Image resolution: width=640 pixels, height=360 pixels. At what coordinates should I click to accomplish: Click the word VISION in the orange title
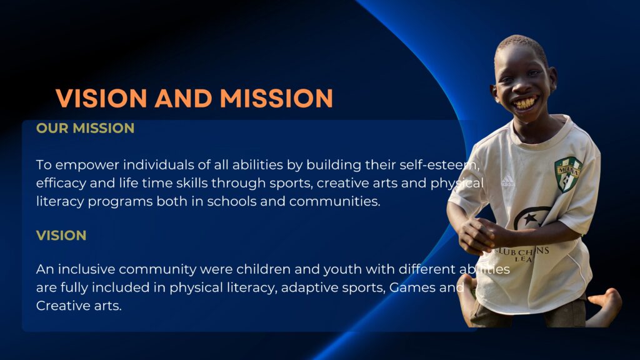101,98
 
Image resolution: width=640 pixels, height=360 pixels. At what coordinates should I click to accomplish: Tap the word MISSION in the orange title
277,98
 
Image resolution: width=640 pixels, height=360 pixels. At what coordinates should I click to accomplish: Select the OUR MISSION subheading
85,128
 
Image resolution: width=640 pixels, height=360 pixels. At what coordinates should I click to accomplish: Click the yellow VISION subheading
61,236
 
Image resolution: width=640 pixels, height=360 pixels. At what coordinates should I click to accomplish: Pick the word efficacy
61,183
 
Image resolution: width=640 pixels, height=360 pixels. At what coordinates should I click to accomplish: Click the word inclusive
86,269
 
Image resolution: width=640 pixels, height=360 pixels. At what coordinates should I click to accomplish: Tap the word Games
412,287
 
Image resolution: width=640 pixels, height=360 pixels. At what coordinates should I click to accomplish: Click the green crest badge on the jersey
567,174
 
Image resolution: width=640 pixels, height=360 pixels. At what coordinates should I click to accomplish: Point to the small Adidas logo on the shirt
508,181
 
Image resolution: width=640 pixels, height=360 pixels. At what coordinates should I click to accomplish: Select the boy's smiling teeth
525,103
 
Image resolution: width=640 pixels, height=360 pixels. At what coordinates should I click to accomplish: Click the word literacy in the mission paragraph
60,202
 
